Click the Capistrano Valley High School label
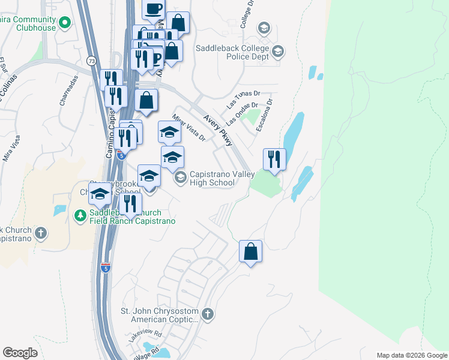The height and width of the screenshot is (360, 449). pos(212,178)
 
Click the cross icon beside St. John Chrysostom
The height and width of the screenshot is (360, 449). pos(207,314)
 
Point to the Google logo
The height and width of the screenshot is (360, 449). pos(20,353)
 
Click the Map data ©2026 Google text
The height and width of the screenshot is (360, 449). pos(411,355)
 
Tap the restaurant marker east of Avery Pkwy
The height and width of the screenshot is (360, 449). pos(274,160)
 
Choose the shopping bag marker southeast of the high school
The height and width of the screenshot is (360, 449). pos(250,252)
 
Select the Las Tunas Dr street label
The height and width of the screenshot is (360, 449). pos(243,98)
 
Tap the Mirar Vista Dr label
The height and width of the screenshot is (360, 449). pos(188,128)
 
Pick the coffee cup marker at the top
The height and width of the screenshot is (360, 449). pos(153,9)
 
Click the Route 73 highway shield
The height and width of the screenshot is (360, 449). pos(91,61)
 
